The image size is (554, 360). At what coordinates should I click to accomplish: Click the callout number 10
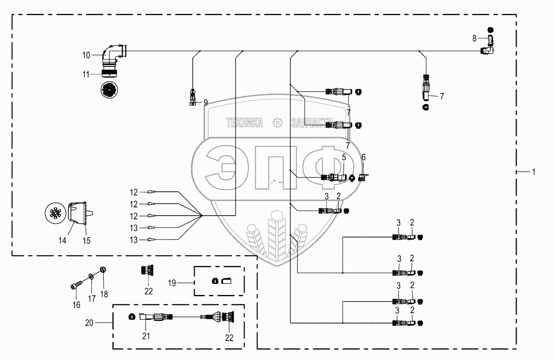point(86,55)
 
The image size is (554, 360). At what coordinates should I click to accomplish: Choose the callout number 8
point(474,39)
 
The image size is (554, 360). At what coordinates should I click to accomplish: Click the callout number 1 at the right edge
point(533,172)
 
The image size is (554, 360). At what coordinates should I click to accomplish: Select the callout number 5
point(344,158)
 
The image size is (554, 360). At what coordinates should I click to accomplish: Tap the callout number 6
point(364,157)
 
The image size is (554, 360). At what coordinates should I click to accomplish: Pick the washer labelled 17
point(91,277)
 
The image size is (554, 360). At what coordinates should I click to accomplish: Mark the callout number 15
point(87,241)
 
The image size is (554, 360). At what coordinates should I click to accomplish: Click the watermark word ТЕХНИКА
point(244,123)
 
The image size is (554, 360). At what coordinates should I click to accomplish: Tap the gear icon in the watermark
point(277,123)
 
